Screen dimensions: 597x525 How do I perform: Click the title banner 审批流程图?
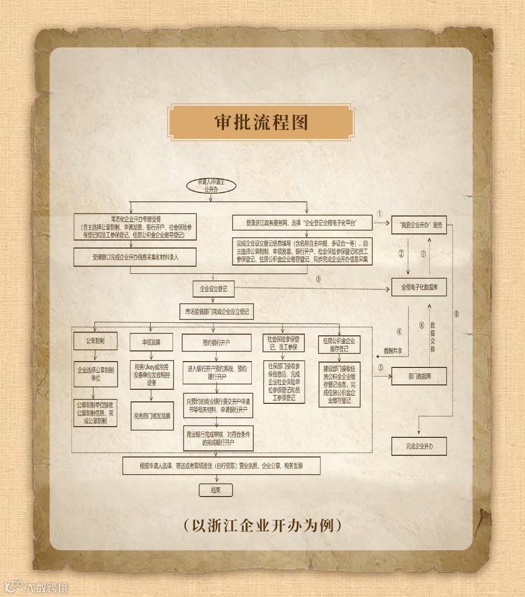pyautogui.click(x=261, y=122)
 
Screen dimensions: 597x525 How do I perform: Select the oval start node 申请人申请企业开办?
pyautogui.click(x=211, y=186)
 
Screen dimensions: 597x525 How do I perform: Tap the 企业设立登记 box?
pyautogui.click(x=213, y=289)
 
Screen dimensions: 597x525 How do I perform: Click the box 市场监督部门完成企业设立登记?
pyautogui.click(x=217, y=312)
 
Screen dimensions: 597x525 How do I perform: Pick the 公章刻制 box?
pyautogui.click(x=95, y=341)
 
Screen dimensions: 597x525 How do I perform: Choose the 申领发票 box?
pyautogui.click(x=151, y=342)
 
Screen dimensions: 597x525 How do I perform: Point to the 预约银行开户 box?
pyautogui.click(x=216, y=343)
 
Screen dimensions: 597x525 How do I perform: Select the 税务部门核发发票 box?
pyautogui.click(x=152, y=416)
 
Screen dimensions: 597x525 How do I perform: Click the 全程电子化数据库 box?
pyautogui.click(x=419, y=287)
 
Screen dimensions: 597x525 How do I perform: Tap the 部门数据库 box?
pyautogui.click(x=419, y=376)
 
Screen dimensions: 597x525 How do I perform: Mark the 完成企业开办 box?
pyautogui.click(x=419, y=447)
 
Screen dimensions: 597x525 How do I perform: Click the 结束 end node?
pyautogui.click(x=216, y=490)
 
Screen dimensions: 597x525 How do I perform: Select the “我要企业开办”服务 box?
pyautogui.click(x=419, y=225)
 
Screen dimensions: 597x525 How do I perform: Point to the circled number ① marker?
pyautogui.click(x=380, y=214)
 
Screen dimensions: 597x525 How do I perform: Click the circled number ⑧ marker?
pyautogui.click(x=456, y=314)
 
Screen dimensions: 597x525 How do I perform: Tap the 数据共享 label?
pyautogui.click(x=393, y=350)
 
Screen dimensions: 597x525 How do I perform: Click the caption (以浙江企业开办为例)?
pyautogui.click(x=262, y=526)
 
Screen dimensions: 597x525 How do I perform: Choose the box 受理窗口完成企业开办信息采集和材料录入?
pyautogui.click(x=135, y=257)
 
